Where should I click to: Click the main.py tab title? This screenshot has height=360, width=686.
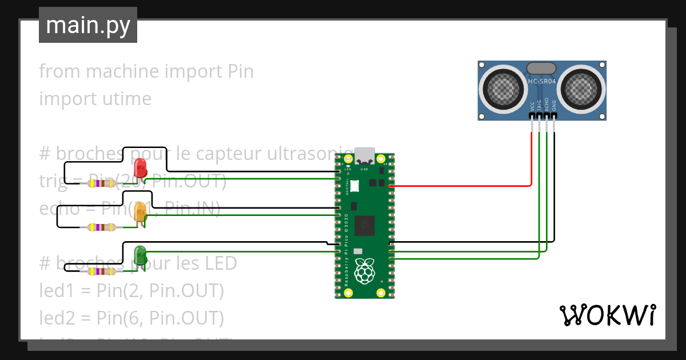click(x=88, y=25)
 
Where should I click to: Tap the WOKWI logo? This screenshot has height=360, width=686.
click(x=607, y=315)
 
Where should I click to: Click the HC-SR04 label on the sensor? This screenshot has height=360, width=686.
click(x=542, y=82)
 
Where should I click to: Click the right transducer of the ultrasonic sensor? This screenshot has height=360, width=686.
click(x=581, y=89)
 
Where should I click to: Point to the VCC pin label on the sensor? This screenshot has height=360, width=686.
click(x=532, y=106)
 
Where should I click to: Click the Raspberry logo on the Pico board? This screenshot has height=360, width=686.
click(x=364, y=271)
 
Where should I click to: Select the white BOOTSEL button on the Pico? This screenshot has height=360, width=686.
click(x=354, y=186)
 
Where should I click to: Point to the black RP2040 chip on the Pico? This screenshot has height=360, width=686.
click(x=364, y=226)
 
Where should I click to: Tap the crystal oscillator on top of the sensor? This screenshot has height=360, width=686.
click(x=541, y=68)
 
